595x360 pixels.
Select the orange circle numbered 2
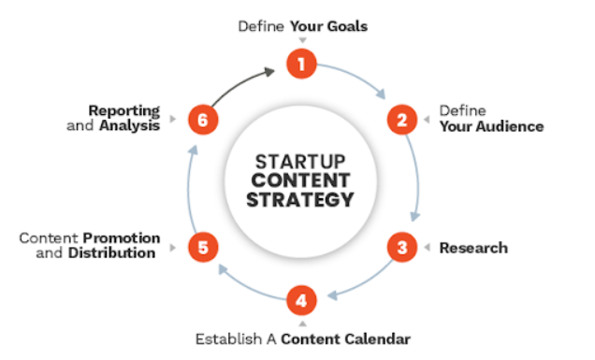pyautogui.click(x=402, y=121)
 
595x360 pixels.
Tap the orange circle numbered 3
pyautogui.click(x=402, y=248)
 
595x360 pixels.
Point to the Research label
pyautogui.click(x=473, y=248)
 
